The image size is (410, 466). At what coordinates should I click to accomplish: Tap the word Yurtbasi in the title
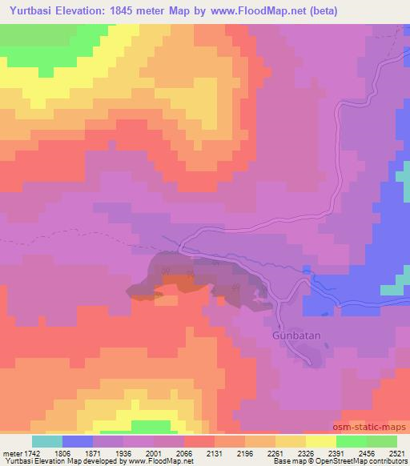[x=30, y=11]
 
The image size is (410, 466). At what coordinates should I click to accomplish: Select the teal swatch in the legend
[x=47, y=441]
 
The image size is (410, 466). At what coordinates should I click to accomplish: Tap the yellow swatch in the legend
[x=320, y=441]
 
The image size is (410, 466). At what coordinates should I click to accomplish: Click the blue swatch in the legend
[x=78, y=441]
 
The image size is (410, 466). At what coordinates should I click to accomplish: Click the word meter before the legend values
[x=14, y=453]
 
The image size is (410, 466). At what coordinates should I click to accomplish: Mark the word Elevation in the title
[x=89, y=11]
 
